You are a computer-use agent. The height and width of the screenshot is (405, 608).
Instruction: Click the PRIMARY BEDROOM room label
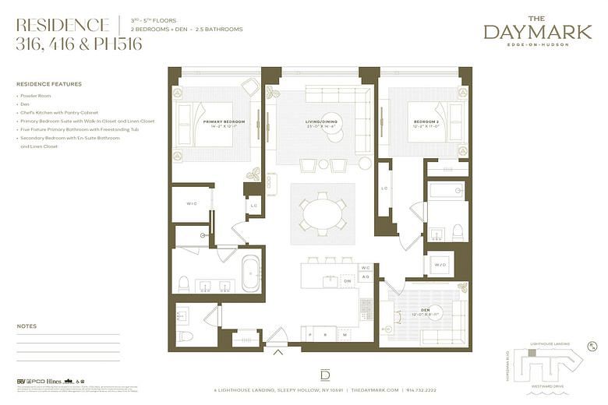(224, 122)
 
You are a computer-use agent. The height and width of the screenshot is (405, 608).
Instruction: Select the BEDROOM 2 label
(425, 122)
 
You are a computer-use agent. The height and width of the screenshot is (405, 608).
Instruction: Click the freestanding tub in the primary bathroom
(251, 274)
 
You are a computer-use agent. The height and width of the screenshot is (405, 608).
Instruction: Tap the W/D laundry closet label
(440, 265)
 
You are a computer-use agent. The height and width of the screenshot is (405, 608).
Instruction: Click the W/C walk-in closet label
(191, 204)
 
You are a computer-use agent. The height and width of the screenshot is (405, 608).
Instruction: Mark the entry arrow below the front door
(278, 352)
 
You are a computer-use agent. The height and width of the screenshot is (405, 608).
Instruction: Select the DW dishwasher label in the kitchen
(348, 281)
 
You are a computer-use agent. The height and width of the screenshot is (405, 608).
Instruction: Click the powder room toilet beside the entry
(185, 336)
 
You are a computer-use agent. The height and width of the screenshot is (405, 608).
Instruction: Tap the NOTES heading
(27, 326)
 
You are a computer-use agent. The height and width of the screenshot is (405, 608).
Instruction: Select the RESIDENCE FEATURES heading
(48, 84)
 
